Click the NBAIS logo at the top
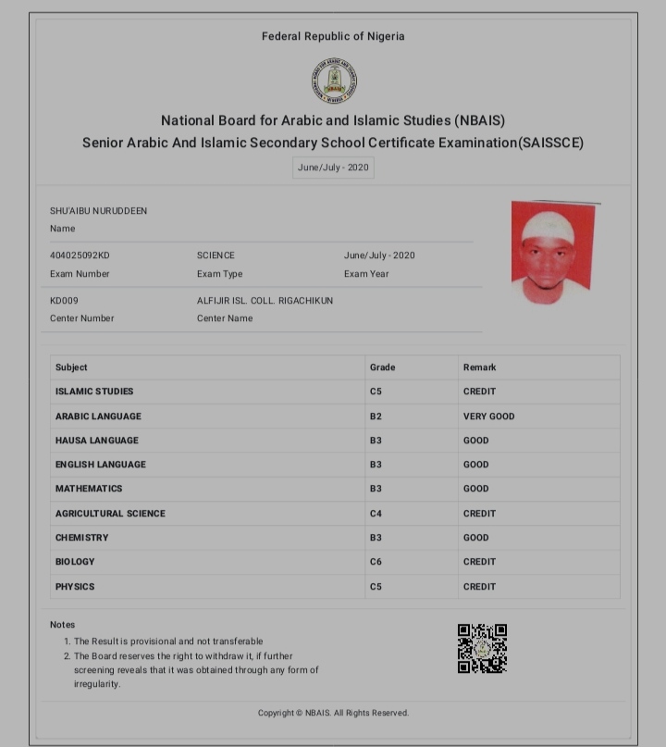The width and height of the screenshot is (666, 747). tap(334, 81)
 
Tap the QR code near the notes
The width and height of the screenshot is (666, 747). tap(482, 648)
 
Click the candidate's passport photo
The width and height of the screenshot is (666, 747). tap(552, 252)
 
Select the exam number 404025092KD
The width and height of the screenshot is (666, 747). tap(80, 255)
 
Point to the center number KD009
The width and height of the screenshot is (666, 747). tap(64, 301)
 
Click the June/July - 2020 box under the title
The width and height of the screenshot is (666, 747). tap(333, 168)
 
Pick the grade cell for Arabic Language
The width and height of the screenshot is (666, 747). tap(376, 417)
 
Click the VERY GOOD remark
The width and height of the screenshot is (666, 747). tap(488, 417)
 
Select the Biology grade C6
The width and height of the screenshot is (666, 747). tap(376, 562)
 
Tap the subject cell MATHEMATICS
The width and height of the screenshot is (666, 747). tap(89, 489)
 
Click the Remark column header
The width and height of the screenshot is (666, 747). tap(479, 367)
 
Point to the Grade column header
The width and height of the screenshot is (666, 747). tap(382, 367)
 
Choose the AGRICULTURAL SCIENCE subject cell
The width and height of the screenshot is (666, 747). tap(110, 514)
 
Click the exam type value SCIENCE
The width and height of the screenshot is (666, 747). tap(216, 255)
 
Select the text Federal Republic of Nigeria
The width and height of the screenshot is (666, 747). tap(333, 37)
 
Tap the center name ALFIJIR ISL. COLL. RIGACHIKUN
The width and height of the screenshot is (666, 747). tap(265, 301)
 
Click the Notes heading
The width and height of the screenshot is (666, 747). tap(62, 625)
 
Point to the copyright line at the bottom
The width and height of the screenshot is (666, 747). tap(333, 713)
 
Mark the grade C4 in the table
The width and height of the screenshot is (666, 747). tap(376, 514)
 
